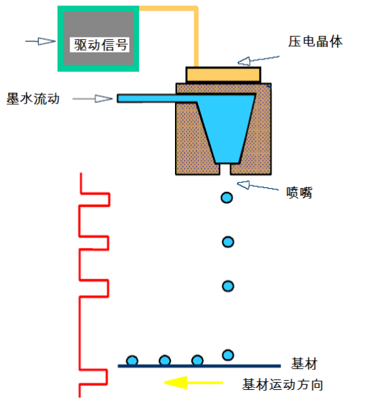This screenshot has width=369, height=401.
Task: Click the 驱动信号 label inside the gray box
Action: pyautogui.click(x=101, y=45)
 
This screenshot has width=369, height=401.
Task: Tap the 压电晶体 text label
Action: pyautogui.click(x=315, y=41)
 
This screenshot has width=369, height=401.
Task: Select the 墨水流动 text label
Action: pyautogui.click(x=33, y=99)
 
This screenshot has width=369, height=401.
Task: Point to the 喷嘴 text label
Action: pyautogui.click(x=299, y=193)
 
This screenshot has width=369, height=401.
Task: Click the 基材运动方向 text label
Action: pyautogui.click(x=282, y=385)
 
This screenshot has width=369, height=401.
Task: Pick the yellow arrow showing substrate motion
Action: pyautogui.click(x=193, y=383)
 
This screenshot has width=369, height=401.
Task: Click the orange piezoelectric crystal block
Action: pyautogui.click(x=223, y=75)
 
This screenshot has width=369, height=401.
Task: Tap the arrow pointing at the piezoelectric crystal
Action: pyautogui.click(x=258, y=60)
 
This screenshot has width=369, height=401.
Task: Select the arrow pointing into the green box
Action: pyautogui.click(x=41, y=41)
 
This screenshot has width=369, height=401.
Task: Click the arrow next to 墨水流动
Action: pyautogui.click(x=92, y=99)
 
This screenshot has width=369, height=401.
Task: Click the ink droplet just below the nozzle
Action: pyautogui.click(x=227, y=198)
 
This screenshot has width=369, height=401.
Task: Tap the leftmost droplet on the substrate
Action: pyautogui.click(x=132, y=360)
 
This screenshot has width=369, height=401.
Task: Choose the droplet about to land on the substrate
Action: pyautogui.click(x=228, y=355)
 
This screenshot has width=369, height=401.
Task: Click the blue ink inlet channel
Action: pyautogui.click(x=157, y=98)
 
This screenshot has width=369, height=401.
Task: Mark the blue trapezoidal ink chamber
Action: pyautogui.click(x=226, y=128)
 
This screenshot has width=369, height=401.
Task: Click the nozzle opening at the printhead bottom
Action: pyautogui.click(x=225, y=169)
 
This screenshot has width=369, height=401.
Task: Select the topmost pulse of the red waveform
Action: pyautogui.click(x=95, y=199)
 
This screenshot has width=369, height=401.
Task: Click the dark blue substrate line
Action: pyautogui.click(x=199, y=366)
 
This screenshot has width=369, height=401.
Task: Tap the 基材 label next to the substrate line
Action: pyautogui.click(x=304, y=364)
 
